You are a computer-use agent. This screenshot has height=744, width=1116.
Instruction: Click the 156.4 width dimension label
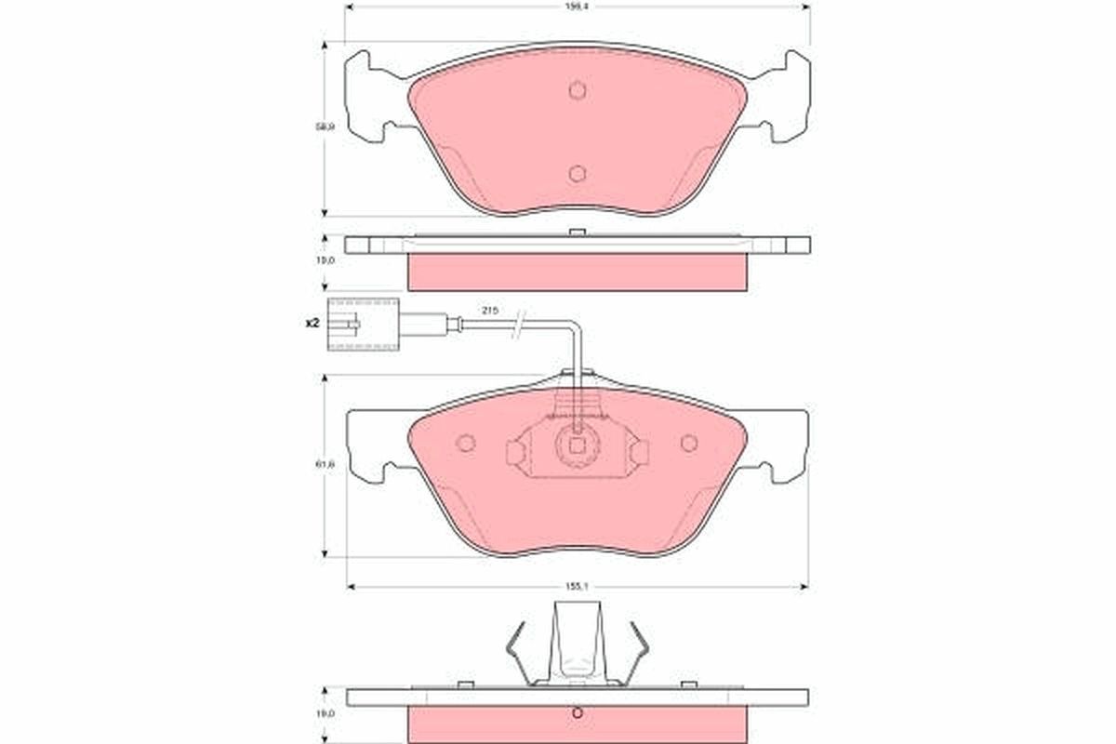(577, 7)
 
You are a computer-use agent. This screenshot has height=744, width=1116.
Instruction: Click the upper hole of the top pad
(577, 90)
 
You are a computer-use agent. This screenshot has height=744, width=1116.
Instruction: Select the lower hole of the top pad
(577, 173)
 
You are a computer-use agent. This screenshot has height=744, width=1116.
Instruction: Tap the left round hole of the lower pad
(466, 444)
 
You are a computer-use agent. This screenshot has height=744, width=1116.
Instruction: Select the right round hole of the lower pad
(688, 444)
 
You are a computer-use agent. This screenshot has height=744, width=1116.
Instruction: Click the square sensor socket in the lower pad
(577, 445)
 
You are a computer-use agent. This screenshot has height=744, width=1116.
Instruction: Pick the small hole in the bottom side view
(577, 714)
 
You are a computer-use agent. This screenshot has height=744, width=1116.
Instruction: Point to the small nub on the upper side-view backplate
(577, 232)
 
